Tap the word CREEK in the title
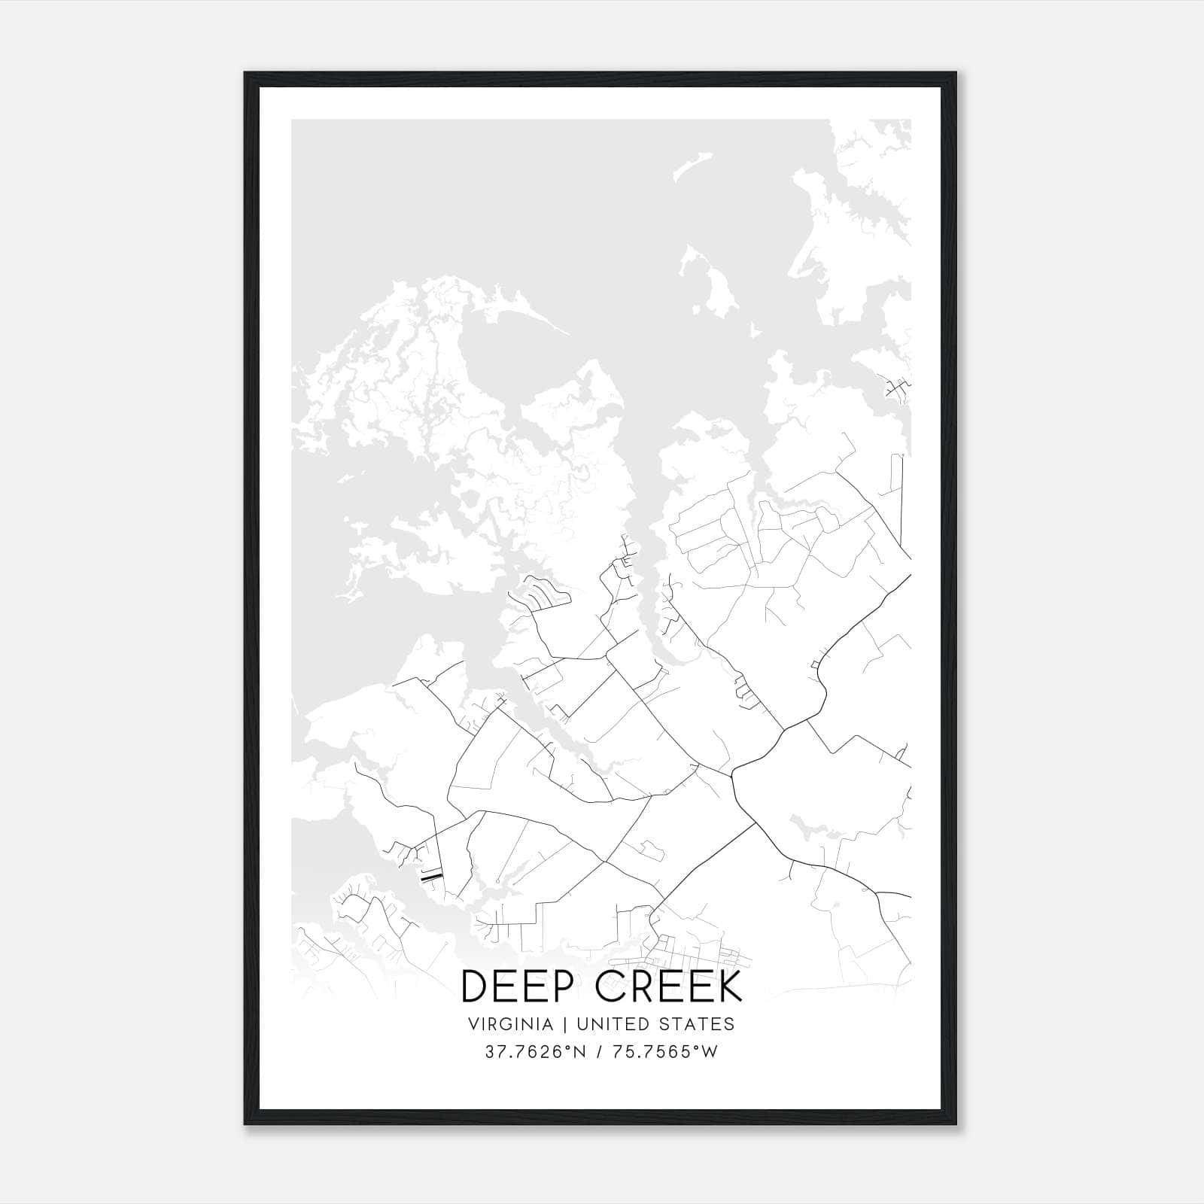[x=669, y=987]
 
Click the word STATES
[x=696, y=1024]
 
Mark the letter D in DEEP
[x=476, y=987]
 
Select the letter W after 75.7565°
[x=710, y=1052]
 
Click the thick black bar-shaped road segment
[x=430, y=877]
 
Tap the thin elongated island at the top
[x=692, y=166]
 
